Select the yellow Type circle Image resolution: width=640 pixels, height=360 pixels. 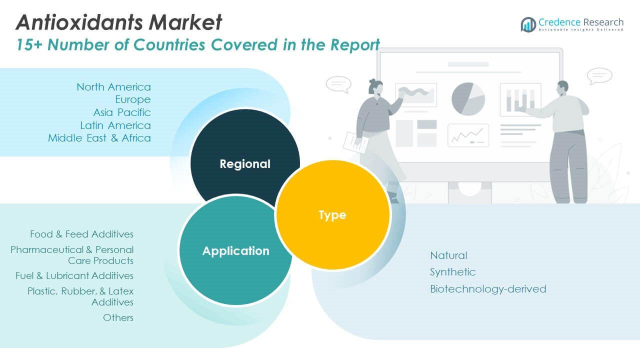click(332, 215)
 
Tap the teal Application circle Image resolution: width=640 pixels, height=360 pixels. click(235, 250)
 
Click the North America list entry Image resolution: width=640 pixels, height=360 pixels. click(113, 87)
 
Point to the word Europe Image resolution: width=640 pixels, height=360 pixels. click(132, 99)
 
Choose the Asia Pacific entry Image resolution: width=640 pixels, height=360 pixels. click(121, 112)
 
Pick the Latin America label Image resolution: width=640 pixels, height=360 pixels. click(115, 125)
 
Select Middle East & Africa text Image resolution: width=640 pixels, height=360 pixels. click(99, 138)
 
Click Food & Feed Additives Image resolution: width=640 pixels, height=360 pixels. click(81, 234)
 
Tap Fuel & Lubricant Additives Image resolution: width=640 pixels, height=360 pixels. click(74, 275)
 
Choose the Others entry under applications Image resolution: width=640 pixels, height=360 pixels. click(118, 317)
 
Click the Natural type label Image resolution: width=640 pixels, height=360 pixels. click(448, 255)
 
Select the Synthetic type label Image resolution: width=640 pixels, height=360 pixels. click(452, 272)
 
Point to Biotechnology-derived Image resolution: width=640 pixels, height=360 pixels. click(488, 289)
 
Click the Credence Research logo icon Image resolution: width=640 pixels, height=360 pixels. click(528, 24)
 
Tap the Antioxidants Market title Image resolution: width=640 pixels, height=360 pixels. click(118, 22)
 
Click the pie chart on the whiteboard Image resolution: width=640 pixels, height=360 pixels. click(468, 99)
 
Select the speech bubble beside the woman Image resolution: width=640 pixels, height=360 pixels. click(338, 84)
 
